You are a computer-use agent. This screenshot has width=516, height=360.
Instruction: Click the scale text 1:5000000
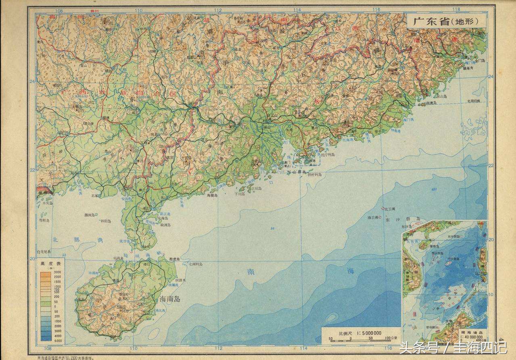coord(366,333)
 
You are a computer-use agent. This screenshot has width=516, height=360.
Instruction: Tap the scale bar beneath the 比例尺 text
coord(355,341)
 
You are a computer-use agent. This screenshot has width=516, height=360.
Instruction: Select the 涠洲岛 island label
coord(89,215)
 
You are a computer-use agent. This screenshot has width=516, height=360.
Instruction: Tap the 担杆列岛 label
coord(315,175)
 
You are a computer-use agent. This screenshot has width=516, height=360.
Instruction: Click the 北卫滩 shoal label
coord(390,209)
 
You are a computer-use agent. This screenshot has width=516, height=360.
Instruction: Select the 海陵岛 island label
coord(212,195)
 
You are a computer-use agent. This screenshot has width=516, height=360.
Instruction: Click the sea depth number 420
coord(434,189)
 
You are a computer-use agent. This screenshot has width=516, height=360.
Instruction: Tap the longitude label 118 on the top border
coord(456,10)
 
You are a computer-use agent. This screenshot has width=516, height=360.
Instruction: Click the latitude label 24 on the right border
coord(491,76)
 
